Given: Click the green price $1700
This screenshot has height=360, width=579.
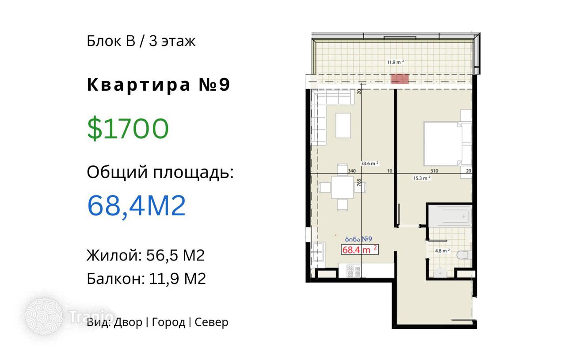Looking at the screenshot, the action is [x=128, y=128].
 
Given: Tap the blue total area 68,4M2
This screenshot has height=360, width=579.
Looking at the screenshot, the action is [x=137, y=206].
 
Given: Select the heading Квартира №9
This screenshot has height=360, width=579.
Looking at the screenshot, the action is [x=158, y=84].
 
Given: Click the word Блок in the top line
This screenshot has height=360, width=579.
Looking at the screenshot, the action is [x=104, y=41].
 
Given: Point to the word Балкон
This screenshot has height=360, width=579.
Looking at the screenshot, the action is [x=116, y=279].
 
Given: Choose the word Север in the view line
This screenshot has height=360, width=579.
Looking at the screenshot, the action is [x=211, y=322].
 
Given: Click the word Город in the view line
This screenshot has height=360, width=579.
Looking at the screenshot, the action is [x=168, y=322].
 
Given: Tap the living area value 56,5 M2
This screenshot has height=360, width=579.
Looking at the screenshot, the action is [x=175, y=255].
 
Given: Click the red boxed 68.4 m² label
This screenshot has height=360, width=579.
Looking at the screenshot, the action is [x=360, y=249].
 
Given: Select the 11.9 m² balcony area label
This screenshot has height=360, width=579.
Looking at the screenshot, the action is [x=396, y=62].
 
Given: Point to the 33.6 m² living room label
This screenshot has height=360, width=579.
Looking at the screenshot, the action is [x=369, y=164].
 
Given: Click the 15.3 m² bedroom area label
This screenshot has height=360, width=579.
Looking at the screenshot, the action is [x=422, y=178].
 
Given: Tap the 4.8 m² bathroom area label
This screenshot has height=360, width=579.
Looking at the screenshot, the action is [x=442, y=251].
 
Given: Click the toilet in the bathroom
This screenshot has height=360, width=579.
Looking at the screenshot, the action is [x=464, y=255].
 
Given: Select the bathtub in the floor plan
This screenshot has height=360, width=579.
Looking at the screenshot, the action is [x=450, y=216].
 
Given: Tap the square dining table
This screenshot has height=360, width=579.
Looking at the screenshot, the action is [x=343, y=187].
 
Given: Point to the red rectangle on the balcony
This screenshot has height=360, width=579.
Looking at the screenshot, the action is [x=400, y=79].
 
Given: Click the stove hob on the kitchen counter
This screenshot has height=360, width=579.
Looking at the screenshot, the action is [x=354, y=271].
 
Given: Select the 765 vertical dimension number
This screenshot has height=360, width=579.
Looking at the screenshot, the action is [x=359, y=182].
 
